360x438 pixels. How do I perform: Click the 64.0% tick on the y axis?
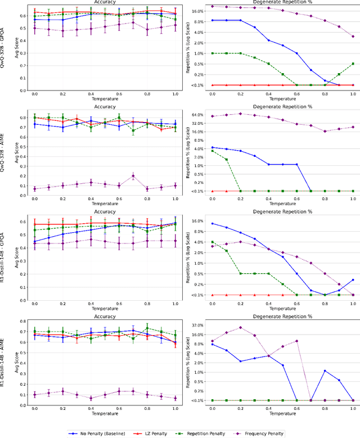(x=197, y=115)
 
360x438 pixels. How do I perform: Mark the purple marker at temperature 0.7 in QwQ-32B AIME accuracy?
(x=133, y=175)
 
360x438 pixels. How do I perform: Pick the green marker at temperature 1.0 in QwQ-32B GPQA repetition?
(x=353, y=64)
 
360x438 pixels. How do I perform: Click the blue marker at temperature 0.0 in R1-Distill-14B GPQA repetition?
(x=212, y=223)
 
